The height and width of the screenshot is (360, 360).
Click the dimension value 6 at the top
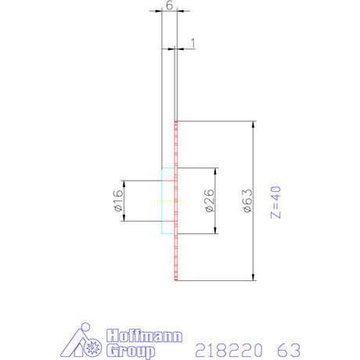[169, 5]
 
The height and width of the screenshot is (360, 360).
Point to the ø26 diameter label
[210, 201]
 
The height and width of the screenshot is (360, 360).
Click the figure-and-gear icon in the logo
[84, 340]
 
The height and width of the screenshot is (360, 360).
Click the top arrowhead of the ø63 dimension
[254, 124]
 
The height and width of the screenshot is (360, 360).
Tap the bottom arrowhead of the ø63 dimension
[254, 276]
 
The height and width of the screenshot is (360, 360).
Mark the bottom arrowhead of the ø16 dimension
[124, 218]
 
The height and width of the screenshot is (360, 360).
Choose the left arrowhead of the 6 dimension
[164, 13]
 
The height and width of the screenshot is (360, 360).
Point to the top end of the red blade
[177, 122]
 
